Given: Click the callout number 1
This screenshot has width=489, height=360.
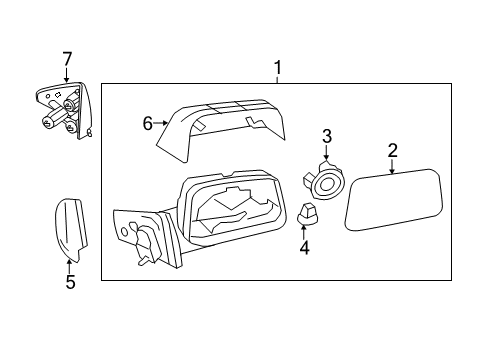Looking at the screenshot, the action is pyautogui.click(x=278, y=68).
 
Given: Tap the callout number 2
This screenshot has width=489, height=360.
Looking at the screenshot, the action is pyautogui.click(x=393, y=150).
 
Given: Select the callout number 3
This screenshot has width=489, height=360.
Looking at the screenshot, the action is pyautogui.click(x=327, y=136).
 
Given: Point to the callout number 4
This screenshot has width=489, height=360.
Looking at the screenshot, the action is pyautogui.click(x=304, y=248).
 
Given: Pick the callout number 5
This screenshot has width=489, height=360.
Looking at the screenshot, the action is pyautogui.click(x=71, y=282).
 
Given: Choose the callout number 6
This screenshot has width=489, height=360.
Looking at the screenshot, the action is pyautogui.click(x=148, y=124).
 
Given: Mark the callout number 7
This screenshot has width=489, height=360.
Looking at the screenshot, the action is pyautogui.click(x=67, y=59).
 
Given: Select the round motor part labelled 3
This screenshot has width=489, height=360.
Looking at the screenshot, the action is pyautogui.click(x=324, y=181).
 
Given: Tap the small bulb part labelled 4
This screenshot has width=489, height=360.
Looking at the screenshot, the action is pyautogui.click(x=307, y=213).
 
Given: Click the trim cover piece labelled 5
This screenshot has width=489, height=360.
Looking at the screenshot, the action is pyautogui.click(x=71, y=230).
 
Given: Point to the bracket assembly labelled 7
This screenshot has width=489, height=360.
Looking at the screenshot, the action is pyautogui.click(x=64, y=110).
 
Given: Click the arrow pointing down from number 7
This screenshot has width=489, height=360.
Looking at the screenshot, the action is pyautogui.click(x=67, y=75).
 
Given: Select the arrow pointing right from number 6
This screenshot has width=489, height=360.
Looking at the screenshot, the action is pyautogui.click(x=161, y=123).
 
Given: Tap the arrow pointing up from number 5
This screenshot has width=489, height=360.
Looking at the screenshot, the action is pyautogui.click(x=69, y=266).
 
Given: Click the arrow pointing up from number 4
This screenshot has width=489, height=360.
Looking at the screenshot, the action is pyautogui.click(x=304, y=232).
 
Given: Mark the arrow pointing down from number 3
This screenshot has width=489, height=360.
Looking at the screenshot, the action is pyautogui.click(x=326, y=153).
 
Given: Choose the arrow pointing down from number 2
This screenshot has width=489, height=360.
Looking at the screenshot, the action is pyautogui.click(x=392, y=166).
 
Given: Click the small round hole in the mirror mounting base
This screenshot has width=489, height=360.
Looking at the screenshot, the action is pyautogui.click(x=124, y=231).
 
